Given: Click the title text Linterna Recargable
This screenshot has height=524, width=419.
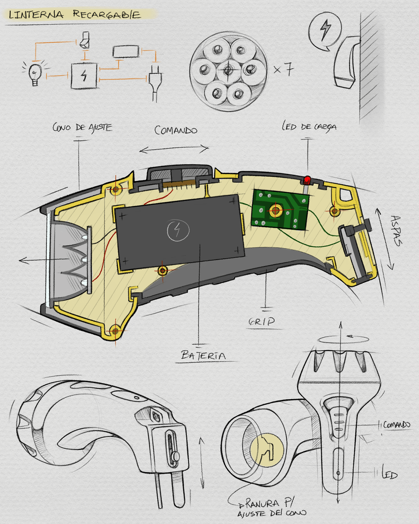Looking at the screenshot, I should pos(75,14).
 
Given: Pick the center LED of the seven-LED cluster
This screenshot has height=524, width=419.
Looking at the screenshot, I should pos(228,71).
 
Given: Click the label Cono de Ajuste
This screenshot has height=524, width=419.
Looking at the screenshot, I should pos(82,128).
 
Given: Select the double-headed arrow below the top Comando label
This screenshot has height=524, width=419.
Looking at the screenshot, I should pos(174,149).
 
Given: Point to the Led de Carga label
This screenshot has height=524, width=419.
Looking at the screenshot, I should pos(309,126).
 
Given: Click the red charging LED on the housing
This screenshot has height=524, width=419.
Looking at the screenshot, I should pos(307,180).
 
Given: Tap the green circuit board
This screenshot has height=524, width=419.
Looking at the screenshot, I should pos(280,210).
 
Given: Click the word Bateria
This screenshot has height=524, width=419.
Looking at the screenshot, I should pos(204,355).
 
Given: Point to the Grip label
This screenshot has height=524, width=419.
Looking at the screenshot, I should pos(262,321).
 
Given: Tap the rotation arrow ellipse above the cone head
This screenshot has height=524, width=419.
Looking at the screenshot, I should pos(343,339).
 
